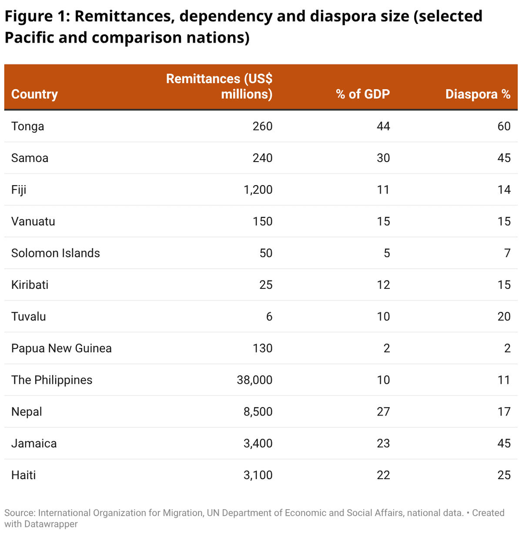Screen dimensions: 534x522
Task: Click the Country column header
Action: click(x=34, y=94)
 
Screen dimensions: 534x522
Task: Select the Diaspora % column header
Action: click(x=478, y=94)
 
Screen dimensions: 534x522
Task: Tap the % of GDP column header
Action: click(x=363, y=94)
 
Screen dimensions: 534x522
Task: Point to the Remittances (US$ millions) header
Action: click(x=219, y=86)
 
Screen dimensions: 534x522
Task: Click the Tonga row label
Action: click(x=28, y=126)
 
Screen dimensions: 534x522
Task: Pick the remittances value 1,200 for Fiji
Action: click(x=258, y=190)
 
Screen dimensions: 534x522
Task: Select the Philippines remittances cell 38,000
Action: click(x=254, y=380)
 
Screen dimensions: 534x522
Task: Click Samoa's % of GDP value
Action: click(x=383, y=158)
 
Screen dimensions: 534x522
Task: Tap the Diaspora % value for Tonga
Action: click(x=504, y=126)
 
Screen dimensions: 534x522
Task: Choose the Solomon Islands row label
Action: click(x=56, y=253)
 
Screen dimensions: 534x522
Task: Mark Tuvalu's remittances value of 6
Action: click(x=269, y=317)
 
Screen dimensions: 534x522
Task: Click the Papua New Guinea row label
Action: click(x=61, y=348)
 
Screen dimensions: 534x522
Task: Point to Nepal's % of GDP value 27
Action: click(x=383, y=412)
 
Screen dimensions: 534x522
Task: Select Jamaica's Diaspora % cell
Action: click(x=504, y=443)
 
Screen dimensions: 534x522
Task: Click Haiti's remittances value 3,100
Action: click(x=258, y=475)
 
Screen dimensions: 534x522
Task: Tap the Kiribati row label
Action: click(x=30, y=285)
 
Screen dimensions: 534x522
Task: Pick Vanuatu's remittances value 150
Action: click(x=262, y=222)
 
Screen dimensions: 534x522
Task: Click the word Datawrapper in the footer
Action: click(x=50, y=524)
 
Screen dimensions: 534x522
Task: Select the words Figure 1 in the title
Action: click(x=37, y=17)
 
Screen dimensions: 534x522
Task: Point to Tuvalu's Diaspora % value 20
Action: click(x=504, y=317)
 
